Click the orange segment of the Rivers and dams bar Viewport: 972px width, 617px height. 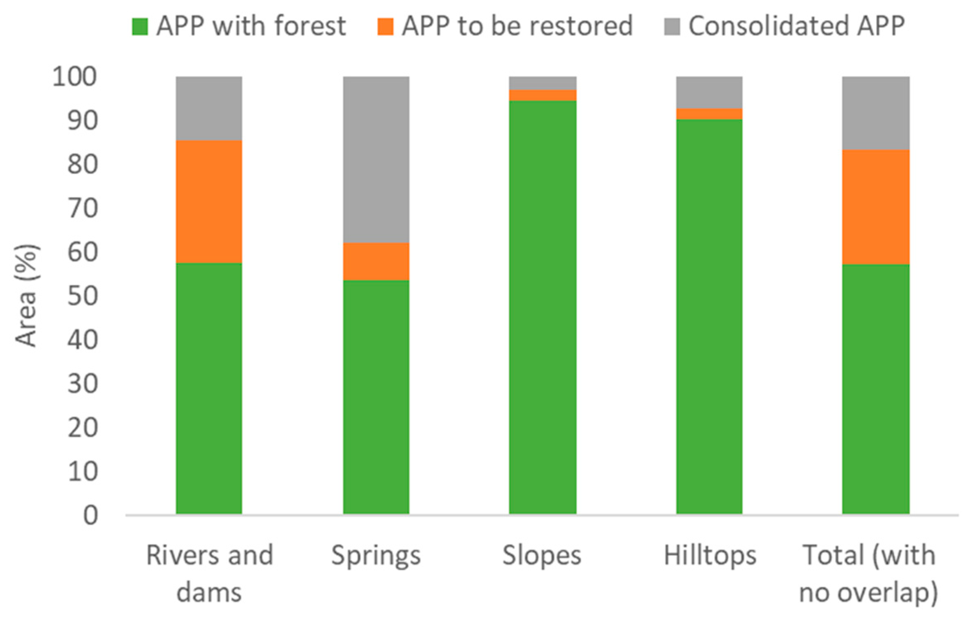click(x=209, y=202)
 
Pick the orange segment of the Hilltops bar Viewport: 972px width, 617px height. click(x=709, y=114)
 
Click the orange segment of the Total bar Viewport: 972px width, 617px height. click(x=876, y=207)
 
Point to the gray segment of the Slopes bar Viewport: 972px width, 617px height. click(x=543, y=83)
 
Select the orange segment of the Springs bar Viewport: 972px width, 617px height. click(x=376, y=261)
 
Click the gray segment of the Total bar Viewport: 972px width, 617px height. click(x=876, y=113)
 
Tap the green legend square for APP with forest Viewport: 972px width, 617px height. click(x=140, y=27)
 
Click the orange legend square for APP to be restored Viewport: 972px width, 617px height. click(x=385, y=27)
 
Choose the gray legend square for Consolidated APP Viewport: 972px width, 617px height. click(x=672, y=27)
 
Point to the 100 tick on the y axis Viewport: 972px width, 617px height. click(x=74, y=77)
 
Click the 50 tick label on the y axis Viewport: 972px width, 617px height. click(x=83, y=296)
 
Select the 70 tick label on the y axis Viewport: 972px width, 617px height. click(x=83, y=208)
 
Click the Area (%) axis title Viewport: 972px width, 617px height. click(x=26, y=296)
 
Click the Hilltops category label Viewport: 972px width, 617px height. click(x=710, y=555)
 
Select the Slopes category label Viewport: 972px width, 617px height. click(x=542, y=555)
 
